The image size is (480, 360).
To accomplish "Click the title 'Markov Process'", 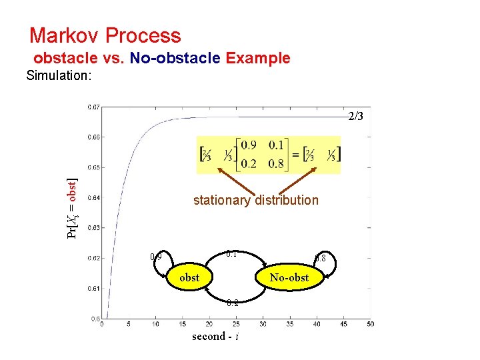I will pyautogui.click(x=105, y=35).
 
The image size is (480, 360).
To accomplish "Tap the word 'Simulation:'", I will pyautogui.click(x=59, y=75).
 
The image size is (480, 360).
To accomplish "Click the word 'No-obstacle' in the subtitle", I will pyautogui.click(x=175, y=58).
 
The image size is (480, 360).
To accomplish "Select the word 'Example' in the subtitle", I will pyautogui.click(x=258, y=58).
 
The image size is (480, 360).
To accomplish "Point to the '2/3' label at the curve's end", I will pyautogui.click(x=356, y=117).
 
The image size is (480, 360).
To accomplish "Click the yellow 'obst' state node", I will pyautogui.click(x=189, y=277).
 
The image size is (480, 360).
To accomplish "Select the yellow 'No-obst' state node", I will pyautogui.click(x=289, y=277).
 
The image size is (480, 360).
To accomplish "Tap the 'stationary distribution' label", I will pyautogui.click(x=255, y=200).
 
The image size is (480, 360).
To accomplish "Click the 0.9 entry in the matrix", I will pyautogui.click(x=248, y=146).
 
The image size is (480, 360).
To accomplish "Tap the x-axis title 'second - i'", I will pyautogui.click(x=215, y=337).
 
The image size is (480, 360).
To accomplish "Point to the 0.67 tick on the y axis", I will pyautogui.click(x=94, y=107).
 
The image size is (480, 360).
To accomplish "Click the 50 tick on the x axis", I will pyautogui.click(x=370, y=324).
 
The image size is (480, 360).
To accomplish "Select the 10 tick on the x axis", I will pyautogui.click(x=155, y=324).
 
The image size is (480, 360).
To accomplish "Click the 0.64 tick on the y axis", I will pyautogui.click(x=94, y=197).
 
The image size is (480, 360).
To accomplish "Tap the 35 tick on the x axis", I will pyautogui.click(x=289, y=324).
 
